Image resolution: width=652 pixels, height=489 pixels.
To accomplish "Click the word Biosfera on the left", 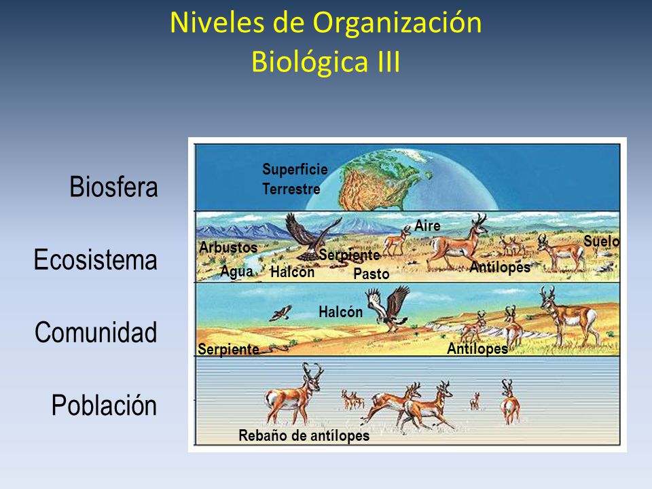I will [x=113, y=187].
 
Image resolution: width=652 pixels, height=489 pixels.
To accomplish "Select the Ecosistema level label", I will [x=96, y=260].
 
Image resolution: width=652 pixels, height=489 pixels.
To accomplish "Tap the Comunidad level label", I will [x=96, y=333].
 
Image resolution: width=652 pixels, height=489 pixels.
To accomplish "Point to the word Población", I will [x=104, y=405].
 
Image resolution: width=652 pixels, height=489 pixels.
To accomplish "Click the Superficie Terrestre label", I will [x=295, y=179].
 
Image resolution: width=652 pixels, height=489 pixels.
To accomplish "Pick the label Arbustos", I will [x=228, y=248].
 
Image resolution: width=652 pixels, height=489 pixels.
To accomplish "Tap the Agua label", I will [x=236, y=271].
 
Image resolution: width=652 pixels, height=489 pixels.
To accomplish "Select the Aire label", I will [x=427, y=226].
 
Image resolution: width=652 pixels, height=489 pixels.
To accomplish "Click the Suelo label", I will [x=601, y=241].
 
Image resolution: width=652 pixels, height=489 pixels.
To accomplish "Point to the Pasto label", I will [x=372, y=274].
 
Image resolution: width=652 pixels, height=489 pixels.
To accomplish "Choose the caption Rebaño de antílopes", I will [x=304, y=435].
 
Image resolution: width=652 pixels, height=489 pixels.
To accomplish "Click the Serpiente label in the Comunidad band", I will [x=228, y=349].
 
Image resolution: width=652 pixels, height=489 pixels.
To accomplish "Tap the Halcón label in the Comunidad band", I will [x=340, y=312].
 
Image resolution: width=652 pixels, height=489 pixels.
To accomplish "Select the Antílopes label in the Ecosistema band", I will [x=499, y=268].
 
